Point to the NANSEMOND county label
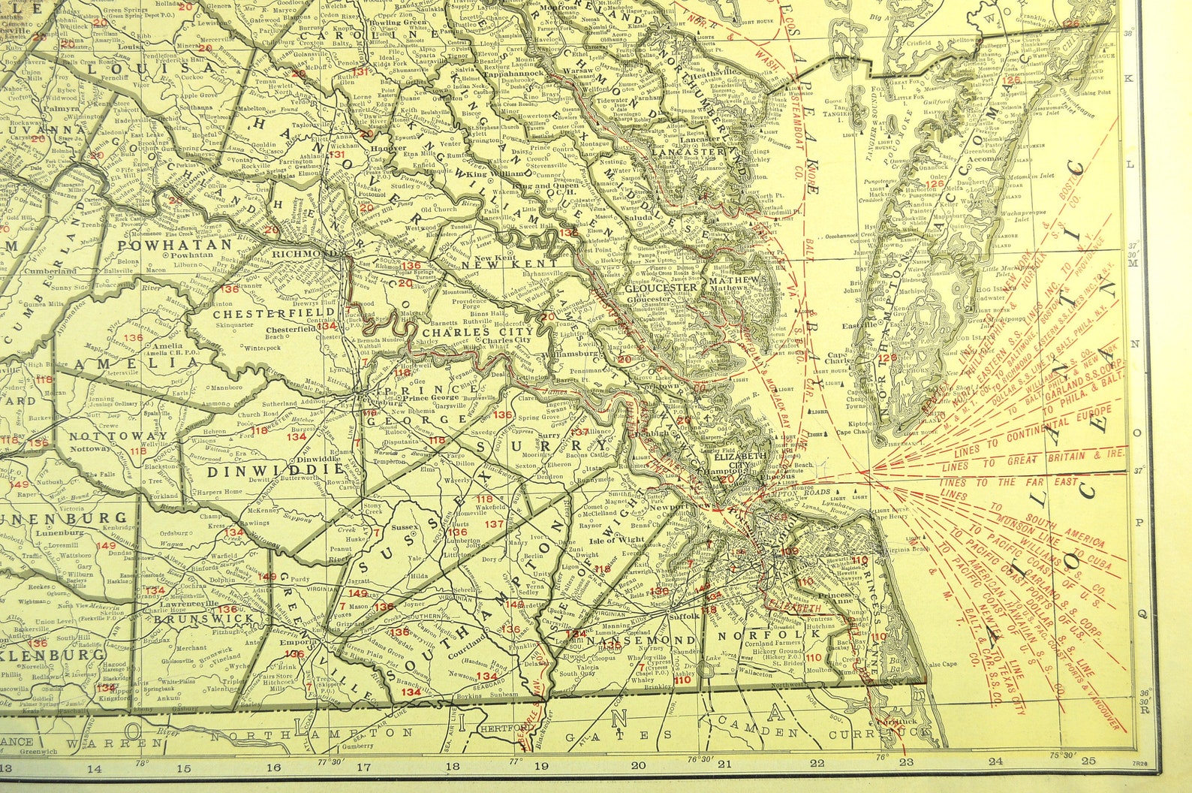640,640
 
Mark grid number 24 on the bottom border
995,761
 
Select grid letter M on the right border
1143,264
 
